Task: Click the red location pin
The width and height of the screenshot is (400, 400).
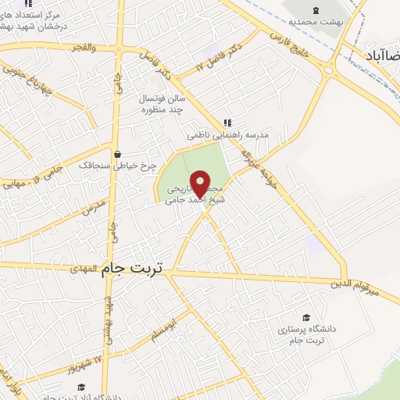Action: (202, 184)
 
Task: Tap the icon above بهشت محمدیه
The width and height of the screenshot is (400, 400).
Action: (316, 9)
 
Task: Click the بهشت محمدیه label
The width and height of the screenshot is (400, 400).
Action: (316, 25)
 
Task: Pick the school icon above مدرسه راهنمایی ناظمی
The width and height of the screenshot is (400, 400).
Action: (227, 122)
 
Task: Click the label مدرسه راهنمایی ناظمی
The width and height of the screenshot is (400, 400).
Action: (227, 135)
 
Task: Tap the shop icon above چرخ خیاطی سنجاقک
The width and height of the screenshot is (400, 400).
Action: (116, 153)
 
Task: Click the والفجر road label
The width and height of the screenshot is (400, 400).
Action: (81, 48)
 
